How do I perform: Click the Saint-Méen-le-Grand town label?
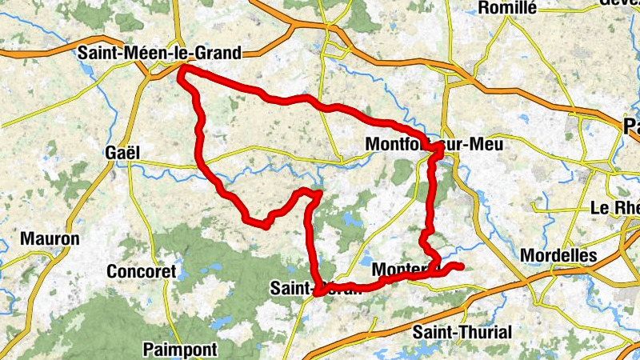point(159,53)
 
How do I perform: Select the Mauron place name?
point(50,238)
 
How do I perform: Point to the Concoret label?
point(141,272)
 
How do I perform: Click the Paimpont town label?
point(180,349)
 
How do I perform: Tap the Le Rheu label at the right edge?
point(614,206)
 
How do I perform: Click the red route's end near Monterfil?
point(462,266)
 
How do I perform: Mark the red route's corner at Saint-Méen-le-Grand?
point(182,70)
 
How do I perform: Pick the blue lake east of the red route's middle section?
point(350,218)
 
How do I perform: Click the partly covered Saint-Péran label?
point(316,288)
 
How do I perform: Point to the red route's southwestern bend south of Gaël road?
point(262,226)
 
